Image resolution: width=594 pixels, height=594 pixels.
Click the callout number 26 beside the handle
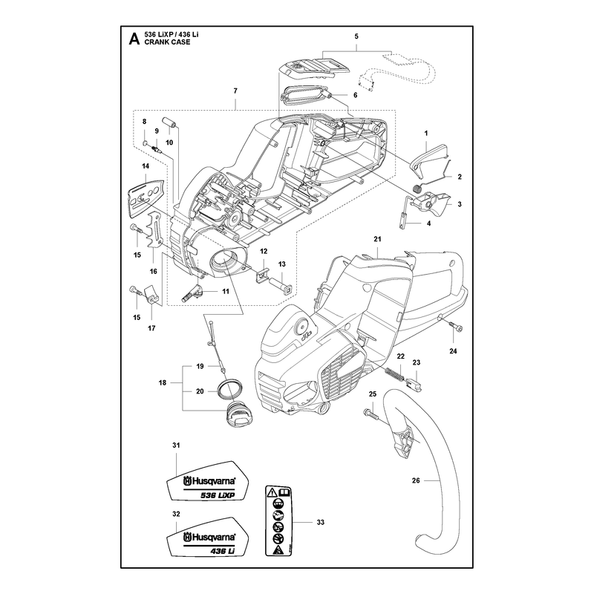(x=416, y=480)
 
